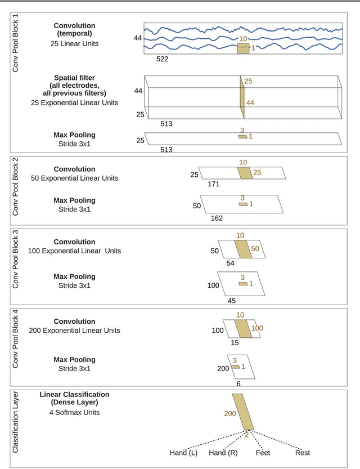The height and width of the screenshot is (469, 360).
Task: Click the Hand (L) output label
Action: pyautogui.click(x=183, y=453)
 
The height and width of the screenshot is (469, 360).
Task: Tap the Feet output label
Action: pyautogui.click(x=263, y=453)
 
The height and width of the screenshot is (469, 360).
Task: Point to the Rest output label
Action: pyautogui.click(x=302, y=453)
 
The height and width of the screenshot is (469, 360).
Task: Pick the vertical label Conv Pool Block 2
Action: pyautogui.click(x=16, y=189)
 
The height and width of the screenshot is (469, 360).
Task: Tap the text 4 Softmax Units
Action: pyautogui.click(x=75, y=413)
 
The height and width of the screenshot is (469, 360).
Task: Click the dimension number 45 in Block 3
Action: pyautogui.click(x=232, y=301)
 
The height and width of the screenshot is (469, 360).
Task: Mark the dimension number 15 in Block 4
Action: pyautogui.click(x=235, y=342)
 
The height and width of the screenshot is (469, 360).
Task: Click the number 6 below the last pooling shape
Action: pyautogui.click(x=238, y=383)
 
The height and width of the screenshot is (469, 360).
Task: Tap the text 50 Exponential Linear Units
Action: pyautogui.click(x=75, y=178)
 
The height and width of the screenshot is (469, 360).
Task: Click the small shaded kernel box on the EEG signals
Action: pyautogui.click(x=242, y=48)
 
